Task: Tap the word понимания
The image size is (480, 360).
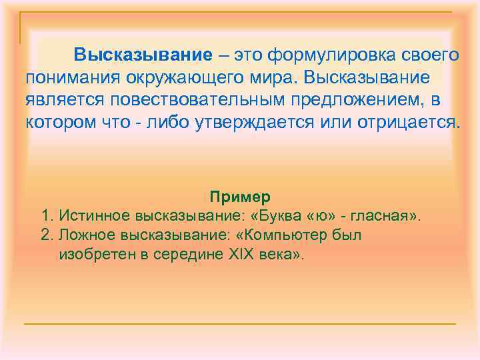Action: coord(71,77)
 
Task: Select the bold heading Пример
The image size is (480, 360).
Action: coord(239,197)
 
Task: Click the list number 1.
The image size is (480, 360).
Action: coord(46,216)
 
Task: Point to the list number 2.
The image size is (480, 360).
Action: coord(46,235)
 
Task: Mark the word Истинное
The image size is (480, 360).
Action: coord(93,216)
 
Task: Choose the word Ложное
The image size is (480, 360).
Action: coord(86,235)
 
